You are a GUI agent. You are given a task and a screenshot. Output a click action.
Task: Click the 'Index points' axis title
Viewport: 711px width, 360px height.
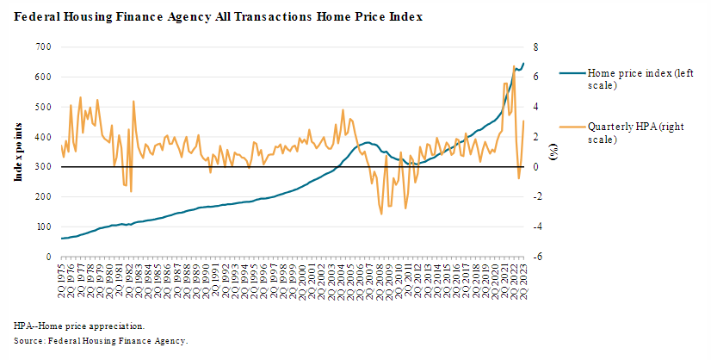(18, 152)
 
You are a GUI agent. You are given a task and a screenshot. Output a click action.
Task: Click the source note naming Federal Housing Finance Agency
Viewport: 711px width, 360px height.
(101, 341)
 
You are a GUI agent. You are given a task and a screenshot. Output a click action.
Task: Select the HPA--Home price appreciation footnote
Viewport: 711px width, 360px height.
(79, 326)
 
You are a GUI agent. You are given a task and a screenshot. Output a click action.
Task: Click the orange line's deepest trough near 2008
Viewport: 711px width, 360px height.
(381, 214)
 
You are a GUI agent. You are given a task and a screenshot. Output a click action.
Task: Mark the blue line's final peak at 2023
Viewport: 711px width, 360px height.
(523, 63)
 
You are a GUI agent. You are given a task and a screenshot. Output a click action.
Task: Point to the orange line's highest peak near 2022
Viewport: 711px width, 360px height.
(513, 65)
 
